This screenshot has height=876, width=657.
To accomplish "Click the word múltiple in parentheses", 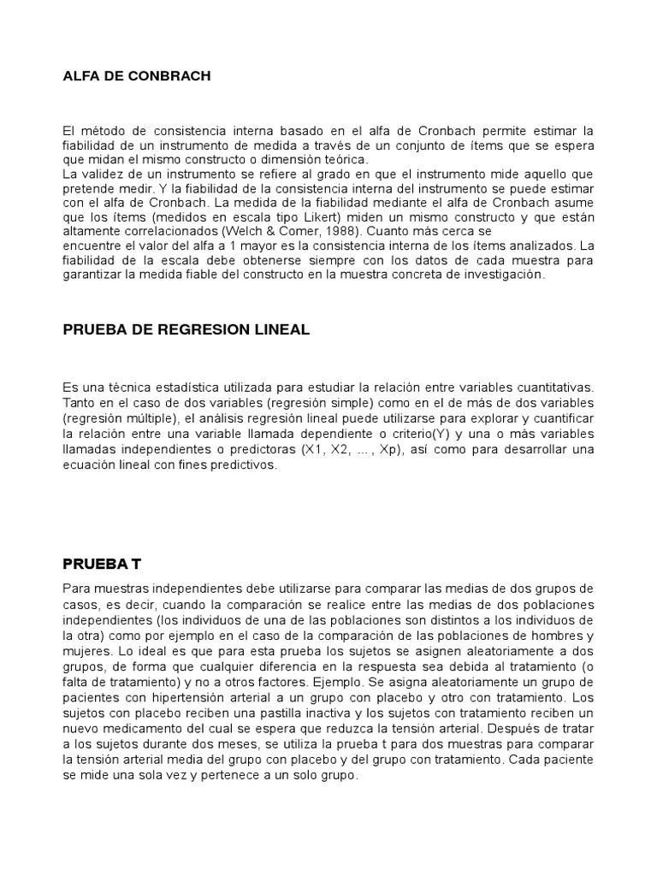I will pyautogui.click(x=151, y=418).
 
